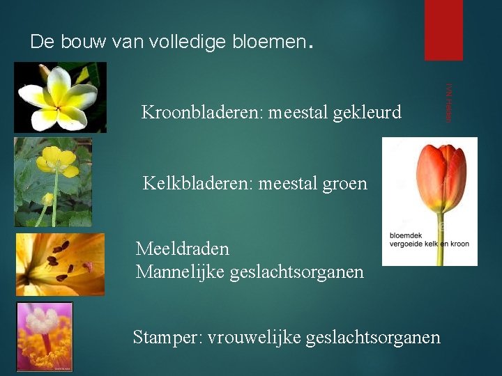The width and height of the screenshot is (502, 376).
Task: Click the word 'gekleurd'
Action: click(368, 112)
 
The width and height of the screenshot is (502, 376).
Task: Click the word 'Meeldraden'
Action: click(183, 249)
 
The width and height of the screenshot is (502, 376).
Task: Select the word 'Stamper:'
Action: click(165, 338)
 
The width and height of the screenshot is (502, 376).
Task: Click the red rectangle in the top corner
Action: click(443, 30)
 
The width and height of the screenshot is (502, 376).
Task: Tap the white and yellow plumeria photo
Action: click(61, 97)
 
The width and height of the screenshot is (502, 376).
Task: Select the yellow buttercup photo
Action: click(53, 182)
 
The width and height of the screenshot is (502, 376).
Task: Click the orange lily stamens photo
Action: click(60, 265)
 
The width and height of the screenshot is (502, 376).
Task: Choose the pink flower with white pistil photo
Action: click(45, 337)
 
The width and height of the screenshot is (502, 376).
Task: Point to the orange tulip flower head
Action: click(441, 178)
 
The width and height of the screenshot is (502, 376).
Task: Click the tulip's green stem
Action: click(440, 244)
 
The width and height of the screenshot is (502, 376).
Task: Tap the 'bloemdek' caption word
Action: click(404, 235)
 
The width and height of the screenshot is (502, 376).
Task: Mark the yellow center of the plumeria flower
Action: click(59, 97)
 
